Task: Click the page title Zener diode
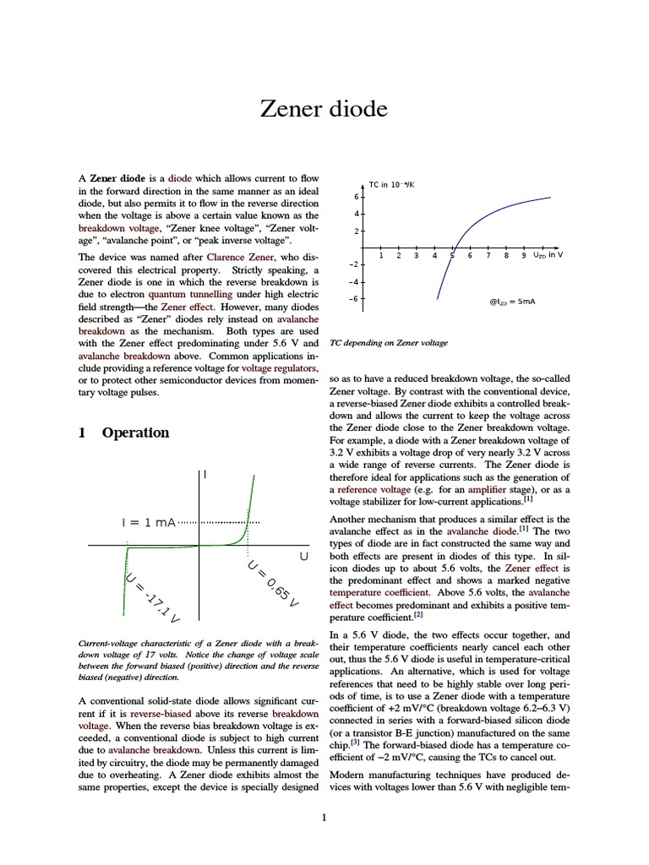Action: (x=324, y=110)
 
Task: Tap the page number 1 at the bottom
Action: (x=324, y=817)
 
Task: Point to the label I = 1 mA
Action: (x=149, y=522)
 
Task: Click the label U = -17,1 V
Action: (x=152, y=598)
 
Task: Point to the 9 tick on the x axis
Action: (x=523, y=255)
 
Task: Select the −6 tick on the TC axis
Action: (x=355, y=298)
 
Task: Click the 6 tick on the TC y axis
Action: (x=357, y=196)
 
